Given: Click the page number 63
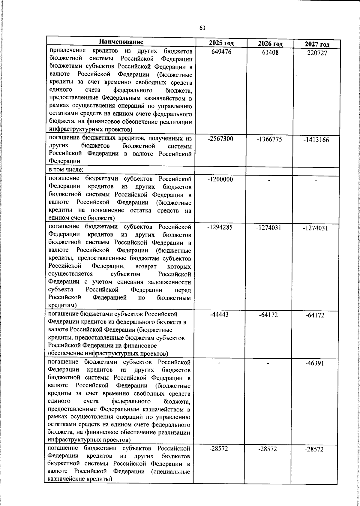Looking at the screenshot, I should point(202,28).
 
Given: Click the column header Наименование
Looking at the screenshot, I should point(121,42).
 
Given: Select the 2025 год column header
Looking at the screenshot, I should point(221,43).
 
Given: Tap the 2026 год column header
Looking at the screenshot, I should point(270,44).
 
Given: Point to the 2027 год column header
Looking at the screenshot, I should point(317,44).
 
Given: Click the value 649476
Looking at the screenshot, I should point(221,52).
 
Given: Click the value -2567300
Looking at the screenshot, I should point(220,139).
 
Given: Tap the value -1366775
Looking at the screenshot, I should point(269,139).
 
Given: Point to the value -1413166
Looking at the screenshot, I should point(316,140).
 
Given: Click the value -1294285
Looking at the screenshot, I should point(220,227).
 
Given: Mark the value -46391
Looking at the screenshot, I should point(315,363).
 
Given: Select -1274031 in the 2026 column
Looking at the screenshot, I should point(268,228).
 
